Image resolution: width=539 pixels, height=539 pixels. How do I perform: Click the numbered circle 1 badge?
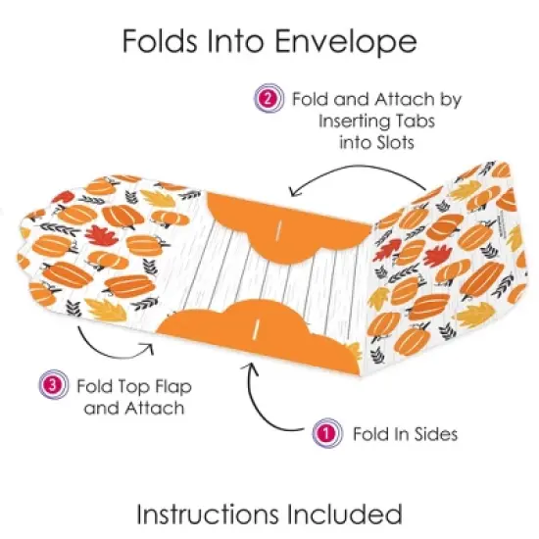click(320, 431)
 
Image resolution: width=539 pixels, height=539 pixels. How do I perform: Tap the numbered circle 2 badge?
click(267, 99)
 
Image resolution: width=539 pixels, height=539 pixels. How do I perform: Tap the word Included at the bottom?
click(353, 514)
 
